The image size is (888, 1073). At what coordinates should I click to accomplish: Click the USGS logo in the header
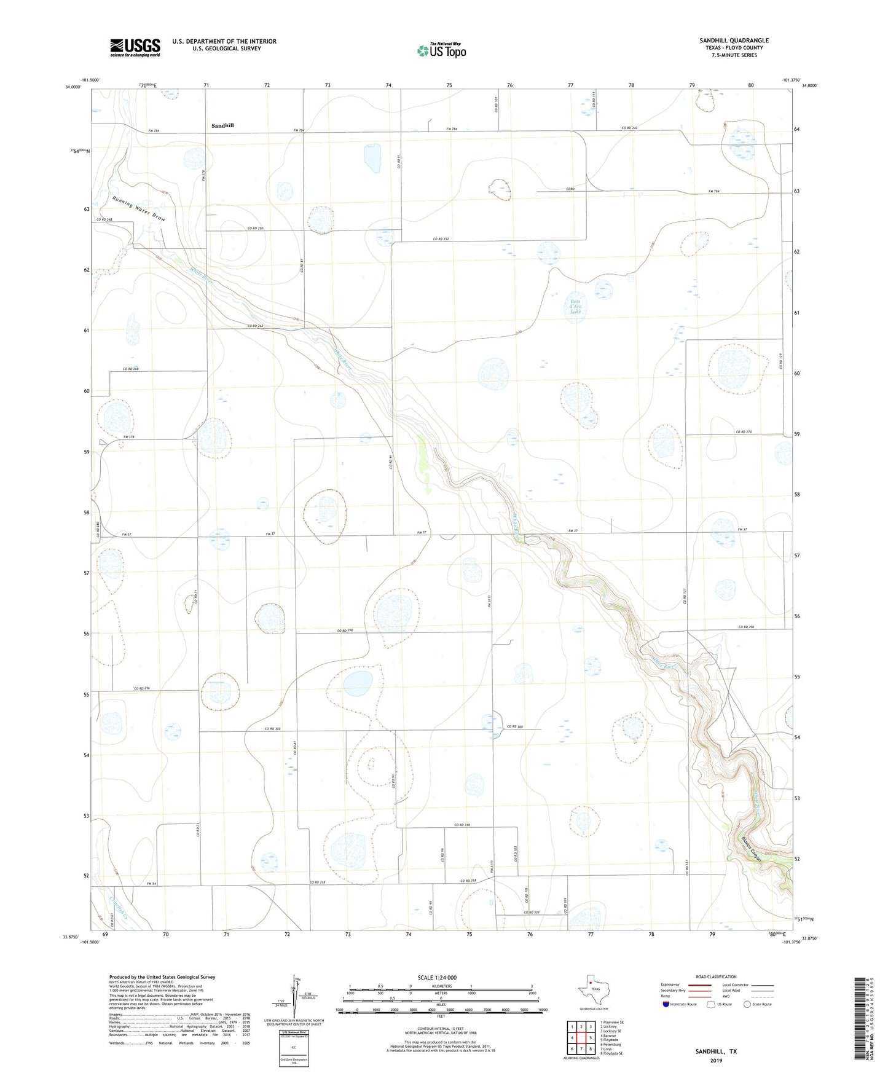point(135,47)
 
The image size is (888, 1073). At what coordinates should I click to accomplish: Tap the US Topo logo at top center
point(441,50)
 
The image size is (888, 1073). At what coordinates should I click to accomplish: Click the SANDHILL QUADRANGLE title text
point(734,41)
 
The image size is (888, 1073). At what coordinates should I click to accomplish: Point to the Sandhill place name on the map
point(222,125)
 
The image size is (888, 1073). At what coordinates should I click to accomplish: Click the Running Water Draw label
point(139,209)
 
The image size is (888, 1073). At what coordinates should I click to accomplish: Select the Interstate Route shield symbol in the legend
point(666,1004)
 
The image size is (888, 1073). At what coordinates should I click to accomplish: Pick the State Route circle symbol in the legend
point(747,1004)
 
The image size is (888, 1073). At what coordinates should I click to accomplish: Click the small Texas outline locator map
point(591,989)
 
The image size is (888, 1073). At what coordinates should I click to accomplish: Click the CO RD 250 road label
point(255,229)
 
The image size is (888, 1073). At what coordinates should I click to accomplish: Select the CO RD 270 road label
point(744,432)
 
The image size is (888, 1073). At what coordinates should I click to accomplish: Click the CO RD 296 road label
point(143,688)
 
